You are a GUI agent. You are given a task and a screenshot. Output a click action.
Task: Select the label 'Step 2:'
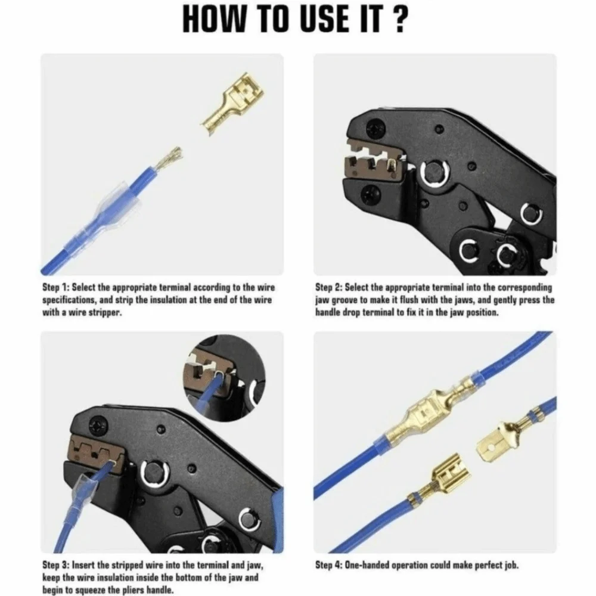(x=329, y=287)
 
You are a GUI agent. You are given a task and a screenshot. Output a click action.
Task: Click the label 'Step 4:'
(x=329, y=564)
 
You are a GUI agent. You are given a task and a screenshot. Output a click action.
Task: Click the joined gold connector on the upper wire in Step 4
(x=429, y=412)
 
